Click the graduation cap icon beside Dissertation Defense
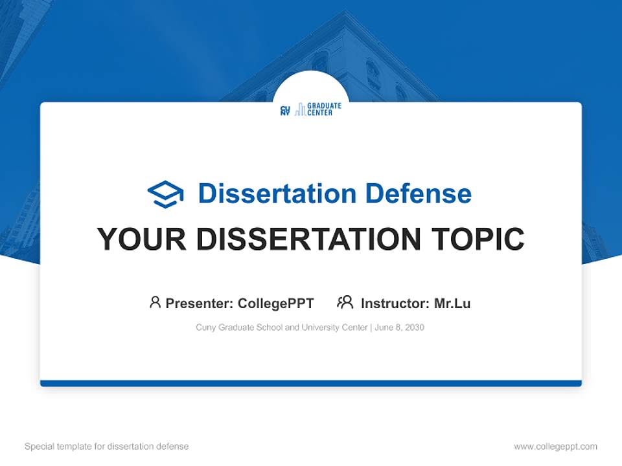click(x=165, y=194)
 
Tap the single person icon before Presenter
click(x=155, y=302)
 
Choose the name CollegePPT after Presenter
click(x=275, y=303)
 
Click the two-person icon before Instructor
click(x=345, y=302)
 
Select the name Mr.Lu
click(x=452, y=303)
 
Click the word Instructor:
click(x=395, y=303)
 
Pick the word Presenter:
click(x=200, y=303)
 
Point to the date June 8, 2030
click(x=399, y=327)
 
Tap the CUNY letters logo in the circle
click(x=285, y=111)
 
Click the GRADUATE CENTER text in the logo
click(x=319, y=109)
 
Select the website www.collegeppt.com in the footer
click(x=555, y=447)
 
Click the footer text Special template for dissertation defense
click(x=106, y=447)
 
